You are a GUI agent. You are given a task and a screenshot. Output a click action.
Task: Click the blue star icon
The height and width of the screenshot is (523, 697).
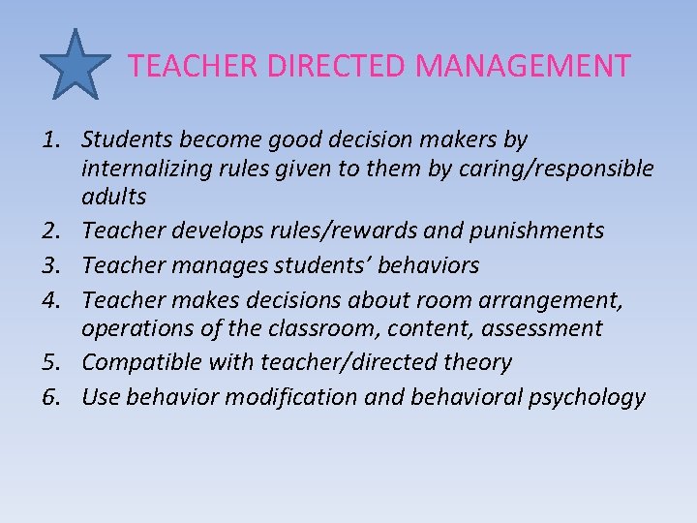(76, 63)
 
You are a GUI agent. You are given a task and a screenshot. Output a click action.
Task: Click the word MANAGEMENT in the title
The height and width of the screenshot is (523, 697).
(523, 66)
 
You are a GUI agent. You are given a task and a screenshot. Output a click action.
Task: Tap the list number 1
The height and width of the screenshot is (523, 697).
(55, 140)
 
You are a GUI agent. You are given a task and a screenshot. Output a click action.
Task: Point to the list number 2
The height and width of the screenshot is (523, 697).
(55, 231)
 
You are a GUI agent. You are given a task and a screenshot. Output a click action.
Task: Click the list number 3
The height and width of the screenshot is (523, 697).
(55, 264)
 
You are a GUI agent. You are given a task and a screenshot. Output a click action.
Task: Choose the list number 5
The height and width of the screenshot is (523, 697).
(55, 363)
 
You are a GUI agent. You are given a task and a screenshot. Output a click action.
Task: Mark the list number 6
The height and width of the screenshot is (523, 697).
(55, 396)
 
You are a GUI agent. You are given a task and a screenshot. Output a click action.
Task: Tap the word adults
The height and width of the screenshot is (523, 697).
(114, 198)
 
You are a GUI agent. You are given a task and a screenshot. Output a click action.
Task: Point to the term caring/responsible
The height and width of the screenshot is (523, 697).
(562, 169)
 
